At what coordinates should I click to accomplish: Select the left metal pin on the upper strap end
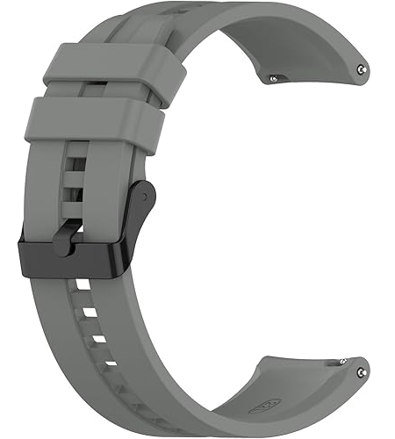pyautogui.click(x=272, y=78)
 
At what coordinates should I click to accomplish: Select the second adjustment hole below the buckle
pyautogui.click(x=94, y=313)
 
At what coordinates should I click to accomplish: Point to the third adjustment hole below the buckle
pyautogui.click(x=99, y=338)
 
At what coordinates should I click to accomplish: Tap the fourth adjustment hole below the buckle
pyautogui.click(x=109, y=362)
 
